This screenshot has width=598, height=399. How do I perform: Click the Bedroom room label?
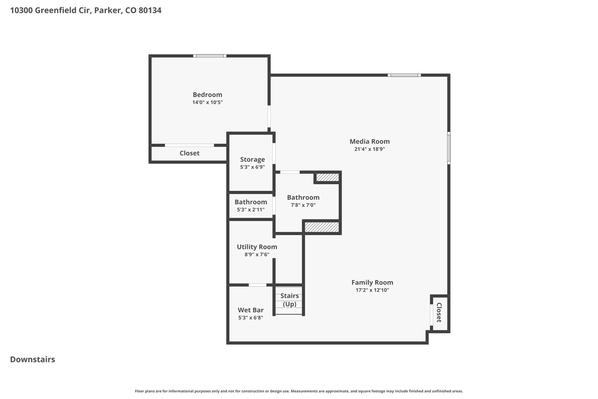pos(207,94)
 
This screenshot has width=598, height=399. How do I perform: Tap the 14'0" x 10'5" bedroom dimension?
pos(207,102)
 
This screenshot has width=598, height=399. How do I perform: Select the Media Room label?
pos(370,141)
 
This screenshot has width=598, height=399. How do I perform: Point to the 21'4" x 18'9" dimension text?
pos(370,149)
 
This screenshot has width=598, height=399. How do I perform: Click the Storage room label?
pos(252,160)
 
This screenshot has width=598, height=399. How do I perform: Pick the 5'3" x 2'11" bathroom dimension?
pos(251,210)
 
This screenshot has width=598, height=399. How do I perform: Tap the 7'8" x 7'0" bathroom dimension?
pos(303,205)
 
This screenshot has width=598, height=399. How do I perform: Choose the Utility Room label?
pos(257,247)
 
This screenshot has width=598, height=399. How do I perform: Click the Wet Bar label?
pos(250,310)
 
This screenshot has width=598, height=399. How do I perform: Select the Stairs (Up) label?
pos(289,300)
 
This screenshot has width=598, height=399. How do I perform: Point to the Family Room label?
pos(372,283)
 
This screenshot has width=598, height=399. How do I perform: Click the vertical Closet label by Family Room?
pos(439,312)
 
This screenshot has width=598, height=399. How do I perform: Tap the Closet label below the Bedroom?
pos(189,153)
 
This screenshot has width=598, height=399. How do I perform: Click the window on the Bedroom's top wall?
pos(210,56)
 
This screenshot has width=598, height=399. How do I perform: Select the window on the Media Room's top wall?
pos(404,75)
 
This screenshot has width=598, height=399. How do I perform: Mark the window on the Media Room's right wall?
pos(449,148)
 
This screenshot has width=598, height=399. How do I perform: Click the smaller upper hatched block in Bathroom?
pos(327,177)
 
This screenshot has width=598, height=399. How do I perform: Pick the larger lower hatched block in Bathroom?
pos(322,227)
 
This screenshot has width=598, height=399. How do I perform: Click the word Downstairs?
pos(33,359)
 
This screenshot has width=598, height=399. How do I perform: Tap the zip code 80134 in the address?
pos(150,10)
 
